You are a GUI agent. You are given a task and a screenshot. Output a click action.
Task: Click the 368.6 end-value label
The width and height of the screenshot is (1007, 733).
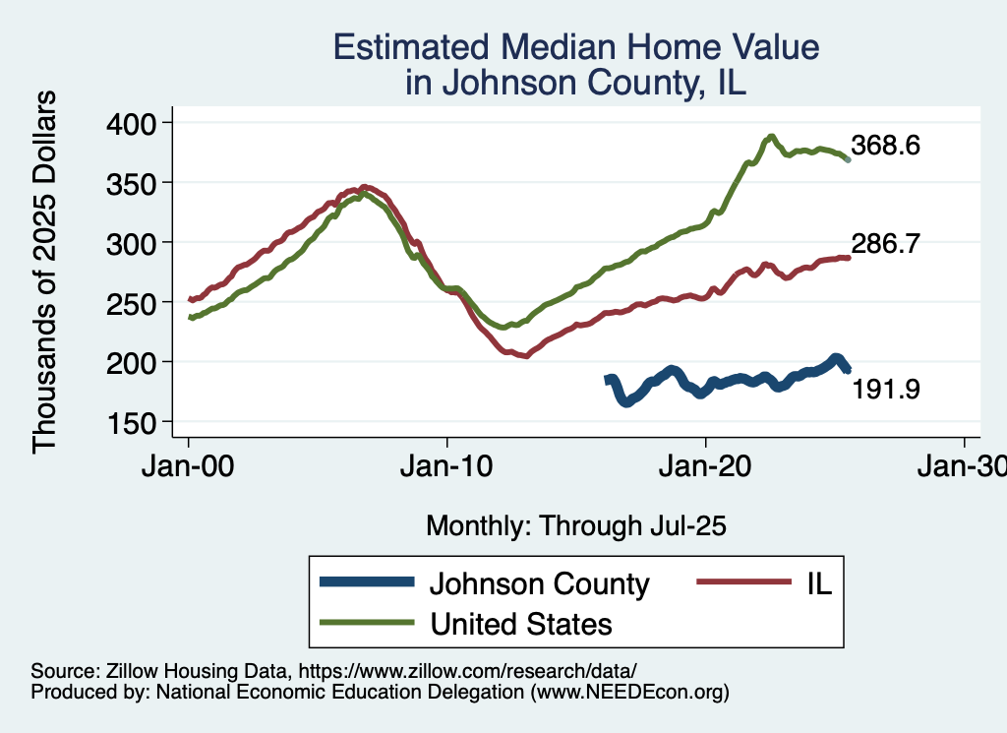(885, 147)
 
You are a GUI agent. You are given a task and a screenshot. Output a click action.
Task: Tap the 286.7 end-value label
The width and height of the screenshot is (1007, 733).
(885, 245)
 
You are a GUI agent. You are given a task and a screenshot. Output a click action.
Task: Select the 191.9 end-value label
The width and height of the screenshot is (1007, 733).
(885, 390)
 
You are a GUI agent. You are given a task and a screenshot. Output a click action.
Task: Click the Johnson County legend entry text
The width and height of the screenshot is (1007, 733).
(539, 584)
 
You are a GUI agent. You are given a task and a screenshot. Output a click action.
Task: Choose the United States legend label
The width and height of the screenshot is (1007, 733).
(520, 624)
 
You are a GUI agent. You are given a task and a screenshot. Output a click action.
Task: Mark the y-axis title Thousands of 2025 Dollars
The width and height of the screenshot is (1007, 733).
(44, 272)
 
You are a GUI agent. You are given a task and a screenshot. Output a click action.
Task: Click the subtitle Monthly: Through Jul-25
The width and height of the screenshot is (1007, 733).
(575, 526)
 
